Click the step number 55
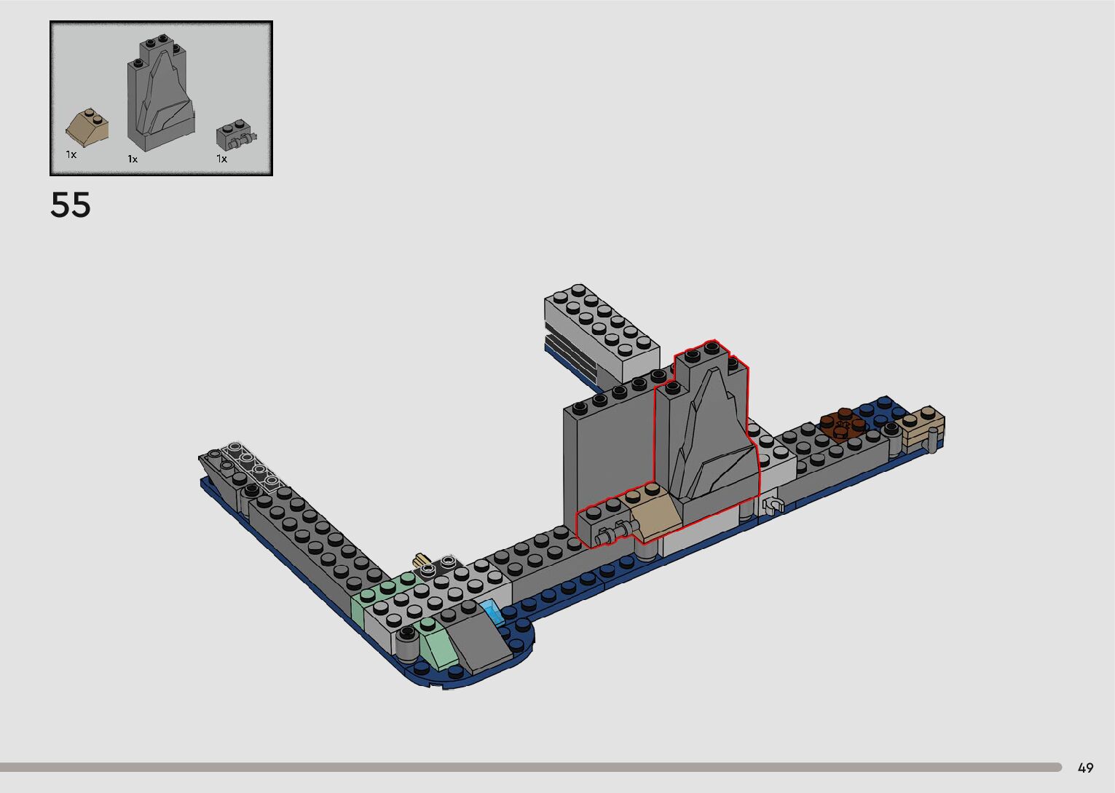(71, 205)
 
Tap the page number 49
(1085, 768)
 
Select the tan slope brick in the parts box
(87, 128)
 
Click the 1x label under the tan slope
(71, 155)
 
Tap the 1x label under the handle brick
(221, 159)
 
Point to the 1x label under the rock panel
(133, 159)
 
